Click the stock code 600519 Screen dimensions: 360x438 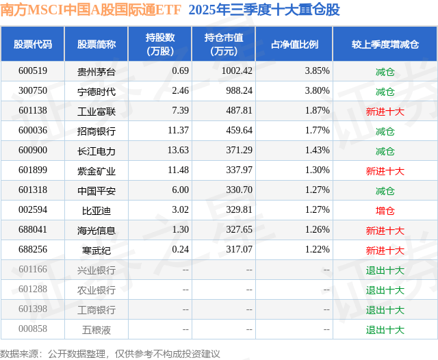33,70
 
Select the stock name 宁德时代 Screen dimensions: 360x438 96,91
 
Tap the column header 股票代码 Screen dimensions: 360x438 33,44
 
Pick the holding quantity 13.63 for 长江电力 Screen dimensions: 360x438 159,151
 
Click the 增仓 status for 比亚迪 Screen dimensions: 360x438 385,211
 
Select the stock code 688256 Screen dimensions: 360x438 33,250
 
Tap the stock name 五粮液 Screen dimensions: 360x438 96,329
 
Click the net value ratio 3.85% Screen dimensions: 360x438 318,70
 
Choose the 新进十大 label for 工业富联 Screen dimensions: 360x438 385,111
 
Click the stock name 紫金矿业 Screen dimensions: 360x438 96,171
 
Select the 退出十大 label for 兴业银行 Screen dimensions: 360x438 385,270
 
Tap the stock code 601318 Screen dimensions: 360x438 33,191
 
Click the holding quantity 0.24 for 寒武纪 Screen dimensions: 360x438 162,250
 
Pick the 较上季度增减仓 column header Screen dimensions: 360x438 385,44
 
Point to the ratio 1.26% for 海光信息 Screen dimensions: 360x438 318,231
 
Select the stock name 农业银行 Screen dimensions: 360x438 96,290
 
